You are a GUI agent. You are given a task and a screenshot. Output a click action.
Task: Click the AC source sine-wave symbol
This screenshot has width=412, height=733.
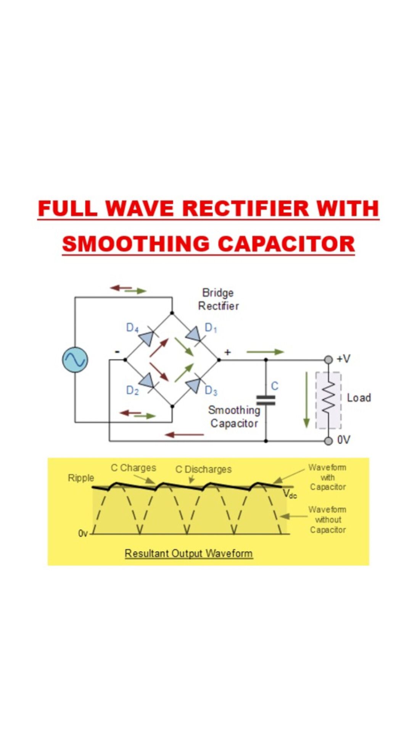[x=75, y=360]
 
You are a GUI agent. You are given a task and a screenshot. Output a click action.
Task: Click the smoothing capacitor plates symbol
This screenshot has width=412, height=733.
[x=266, y=400]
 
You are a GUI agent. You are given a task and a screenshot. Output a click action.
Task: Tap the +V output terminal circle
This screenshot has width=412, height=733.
[x=328, y=360]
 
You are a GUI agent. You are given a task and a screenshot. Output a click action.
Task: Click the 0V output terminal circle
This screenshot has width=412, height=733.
[x=328, y=441]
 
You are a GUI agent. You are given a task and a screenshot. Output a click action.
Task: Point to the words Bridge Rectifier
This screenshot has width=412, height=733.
[x=218, y=299]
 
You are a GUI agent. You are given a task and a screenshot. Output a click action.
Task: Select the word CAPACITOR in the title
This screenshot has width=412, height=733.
[x=286, y=244]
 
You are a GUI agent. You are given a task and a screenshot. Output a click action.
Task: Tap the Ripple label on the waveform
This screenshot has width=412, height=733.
[x=81, y=478]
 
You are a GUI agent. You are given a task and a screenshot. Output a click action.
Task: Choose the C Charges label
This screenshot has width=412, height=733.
[x=134, y=468]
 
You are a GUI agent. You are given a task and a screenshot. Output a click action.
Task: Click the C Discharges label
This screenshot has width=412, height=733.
[x=203, y=469]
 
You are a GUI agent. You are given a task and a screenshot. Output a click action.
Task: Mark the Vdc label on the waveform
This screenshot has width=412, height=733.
[x=290, y=494]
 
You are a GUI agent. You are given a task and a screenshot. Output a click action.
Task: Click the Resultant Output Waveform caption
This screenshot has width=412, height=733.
[x=189, y=553]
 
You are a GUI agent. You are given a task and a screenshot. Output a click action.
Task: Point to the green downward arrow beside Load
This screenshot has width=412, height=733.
[x=306, y=399]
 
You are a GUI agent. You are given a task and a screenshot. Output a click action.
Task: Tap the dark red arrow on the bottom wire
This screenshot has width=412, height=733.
[x=185, y=434]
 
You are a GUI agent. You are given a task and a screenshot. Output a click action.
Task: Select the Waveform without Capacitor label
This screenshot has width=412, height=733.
[x=328, y=520]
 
